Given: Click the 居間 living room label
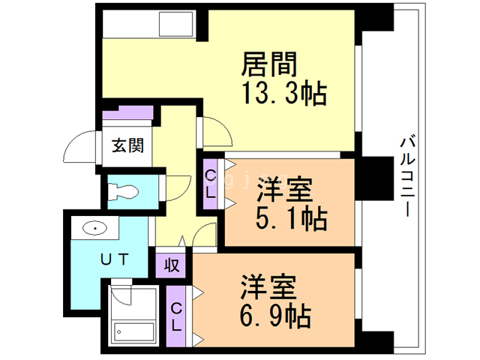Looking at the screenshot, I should coord(268,64).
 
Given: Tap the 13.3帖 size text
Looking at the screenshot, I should coord(283,94).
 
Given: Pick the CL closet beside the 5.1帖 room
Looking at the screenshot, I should coord(211,184).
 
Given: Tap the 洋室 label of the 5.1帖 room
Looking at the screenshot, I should coord(285,188).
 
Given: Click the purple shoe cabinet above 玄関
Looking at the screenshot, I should coord(127,114).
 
